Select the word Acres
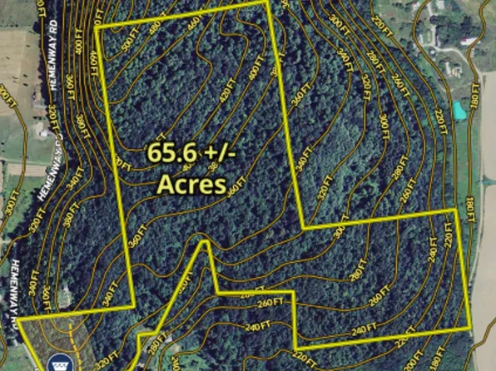click(x=191, y=183)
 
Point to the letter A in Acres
click(x=166, y=183)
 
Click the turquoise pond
click(x=459, y=109)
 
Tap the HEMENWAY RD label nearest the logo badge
click(x=18, y=287)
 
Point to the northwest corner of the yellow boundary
click(x=97, y=27)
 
